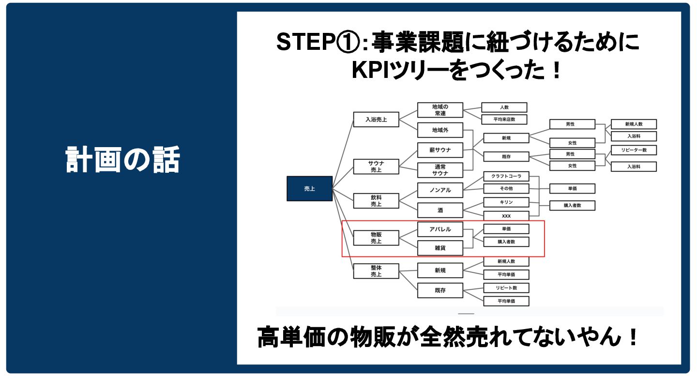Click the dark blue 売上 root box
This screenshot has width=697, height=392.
click(309, 189)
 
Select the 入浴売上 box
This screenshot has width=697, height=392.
click(376, 119)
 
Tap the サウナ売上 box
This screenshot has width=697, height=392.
click(376, 166)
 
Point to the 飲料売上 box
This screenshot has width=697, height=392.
click(376, 201)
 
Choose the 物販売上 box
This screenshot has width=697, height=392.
click(376, 238)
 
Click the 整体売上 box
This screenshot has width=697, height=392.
click(376, 271)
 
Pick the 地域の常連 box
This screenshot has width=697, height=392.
click(440, 110)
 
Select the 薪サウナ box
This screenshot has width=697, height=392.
click(440, 150)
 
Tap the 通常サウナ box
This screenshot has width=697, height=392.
click(440, 170)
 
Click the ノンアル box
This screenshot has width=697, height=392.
click(440, 190)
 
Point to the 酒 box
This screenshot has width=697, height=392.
click(440, 210)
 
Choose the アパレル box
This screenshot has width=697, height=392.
click(440, 229)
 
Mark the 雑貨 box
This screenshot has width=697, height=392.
click(440, 248)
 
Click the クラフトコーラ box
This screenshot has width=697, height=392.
click(506, 176)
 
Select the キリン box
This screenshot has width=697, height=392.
click(506, 202)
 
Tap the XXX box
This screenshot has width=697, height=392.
click(506, 215)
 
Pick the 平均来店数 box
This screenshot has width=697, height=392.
click(503, 120)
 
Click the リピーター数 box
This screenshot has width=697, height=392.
click(634, 150)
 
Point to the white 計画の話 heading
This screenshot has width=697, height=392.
click(122, 160)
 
